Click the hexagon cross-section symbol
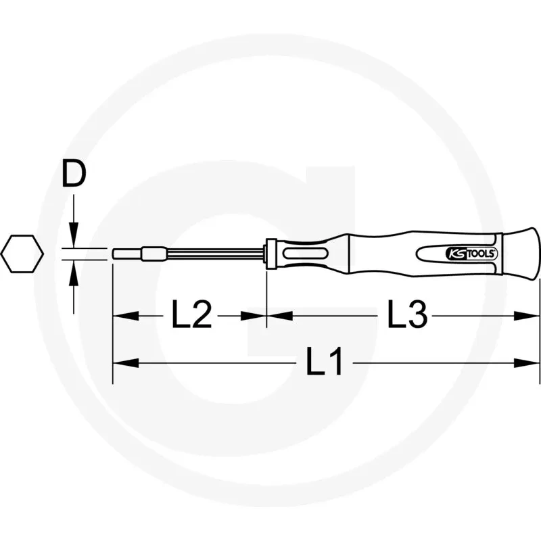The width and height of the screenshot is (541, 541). (x=22, y=254)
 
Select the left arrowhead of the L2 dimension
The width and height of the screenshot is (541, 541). (x=122, y=315)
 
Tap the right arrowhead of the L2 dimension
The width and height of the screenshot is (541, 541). (x=258, y=315)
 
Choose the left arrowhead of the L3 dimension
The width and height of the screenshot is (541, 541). (x=278, y=315)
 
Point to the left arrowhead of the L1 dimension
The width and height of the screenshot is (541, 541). (x=122, y=363)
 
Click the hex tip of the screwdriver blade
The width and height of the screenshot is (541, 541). (x=128, y=254)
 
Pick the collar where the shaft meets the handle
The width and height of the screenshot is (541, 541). (x=271, y=254)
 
